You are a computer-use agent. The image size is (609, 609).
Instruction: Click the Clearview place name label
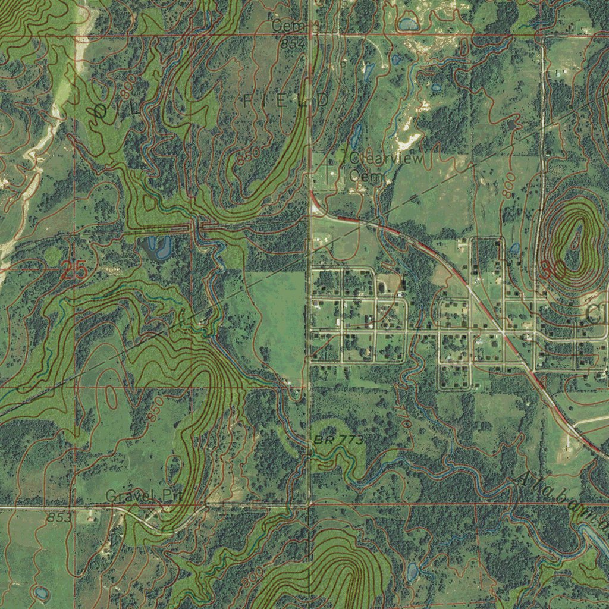click(387, 159)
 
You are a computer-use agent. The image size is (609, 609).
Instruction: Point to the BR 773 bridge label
click(337, 440)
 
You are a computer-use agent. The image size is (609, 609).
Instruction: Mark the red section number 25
click(74, 271)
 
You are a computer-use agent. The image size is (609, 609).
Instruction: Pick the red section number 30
click(553, 269)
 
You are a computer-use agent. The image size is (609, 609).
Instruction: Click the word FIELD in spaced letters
click(285, 101)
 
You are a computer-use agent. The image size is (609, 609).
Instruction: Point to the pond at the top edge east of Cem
click(408, 24)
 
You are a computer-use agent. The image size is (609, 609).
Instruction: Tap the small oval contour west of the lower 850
click(111, 395)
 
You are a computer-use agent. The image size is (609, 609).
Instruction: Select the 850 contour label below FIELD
click(248, 156)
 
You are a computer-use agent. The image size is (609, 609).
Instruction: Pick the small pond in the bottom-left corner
click(40, 592)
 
